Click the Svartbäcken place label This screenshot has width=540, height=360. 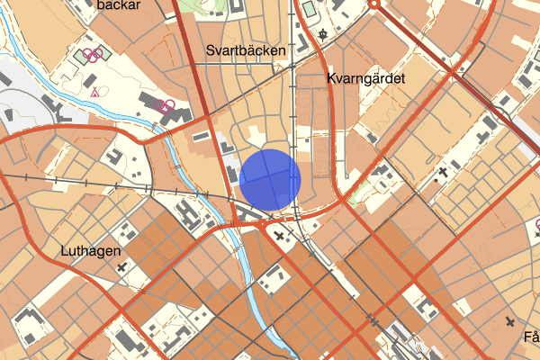pyautogui.click(x=246, y=50)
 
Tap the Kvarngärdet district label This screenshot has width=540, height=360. pyautogui.click(x=366, y=79)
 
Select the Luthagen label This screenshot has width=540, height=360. pyautogui.click(x=91, y=251)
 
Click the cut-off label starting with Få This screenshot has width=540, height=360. pyautogui.click(x=530, y=338)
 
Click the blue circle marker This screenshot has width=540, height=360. pyautogui.click(x=270, y=179)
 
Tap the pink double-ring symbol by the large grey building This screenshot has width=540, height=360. pyautogui.click(x=165, y=105)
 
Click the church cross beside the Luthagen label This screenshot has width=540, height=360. pyautogui.click(x=120, y=266)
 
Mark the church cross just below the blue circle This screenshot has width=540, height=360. pyautogui.click(x=279, y=237)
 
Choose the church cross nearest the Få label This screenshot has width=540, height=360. pyautogui.click(x=510, y=321)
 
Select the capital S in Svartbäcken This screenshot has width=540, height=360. pyautogui.click(x=210, y=50)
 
